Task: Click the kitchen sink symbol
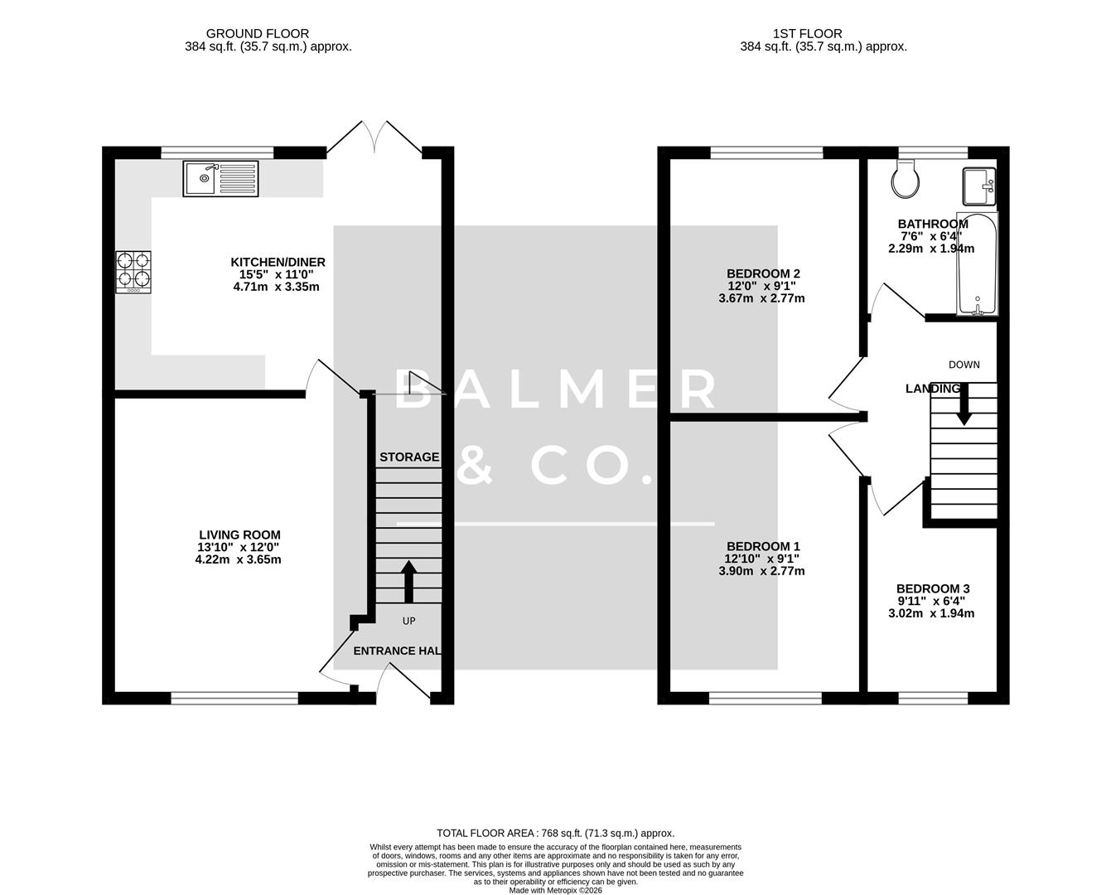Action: tap(221, 179)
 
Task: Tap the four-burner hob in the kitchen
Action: tap(133, 272)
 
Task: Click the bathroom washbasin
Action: tap(978, 186)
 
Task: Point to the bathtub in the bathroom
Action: tap(978, 264)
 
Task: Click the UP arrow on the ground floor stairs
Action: tap(408, 582)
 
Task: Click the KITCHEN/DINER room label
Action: tap(278, 263)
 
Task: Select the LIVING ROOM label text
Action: tap(239, 535)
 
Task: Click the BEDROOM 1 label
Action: tap(763, 546)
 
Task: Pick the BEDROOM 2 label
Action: tap(763, 273)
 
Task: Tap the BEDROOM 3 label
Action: tap(933, 588)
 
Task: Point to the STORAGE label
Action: tap(409, 457)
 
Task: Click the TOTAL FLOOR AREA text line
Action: tap(555, 833)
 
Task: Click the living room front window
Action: tap(234, 699)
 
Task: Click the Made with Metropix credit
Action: tap(555, 891)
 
